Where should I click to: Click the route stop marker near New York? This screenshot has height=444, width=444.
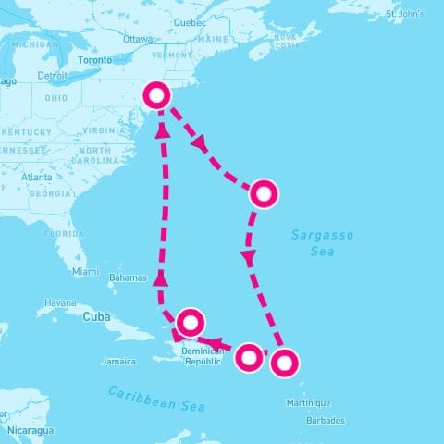(158, 94)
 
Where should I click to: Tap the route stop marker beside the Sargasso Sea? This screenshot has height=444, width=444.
(265, 193)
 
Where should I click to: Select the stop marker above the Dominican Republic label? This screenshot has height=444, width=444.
(190, 322)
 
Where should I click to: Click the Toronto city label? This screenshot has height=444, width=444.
(93, 60)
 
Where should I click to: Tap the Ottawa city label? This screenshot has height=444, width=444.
(137, 39)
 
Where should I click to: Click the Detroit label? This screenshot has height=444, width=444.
(52, 75)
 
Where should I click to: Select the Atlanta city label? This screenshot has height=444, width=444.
(37, 177)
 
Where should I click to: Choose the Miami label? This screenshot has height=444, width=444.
(85, 271)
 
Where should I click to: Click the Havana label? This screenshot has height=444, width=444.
(60, 302)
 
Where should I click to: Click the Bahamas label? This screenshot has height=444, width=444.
(128, 277)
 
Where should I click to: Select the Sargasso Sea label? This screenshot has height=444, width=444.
(322, 242)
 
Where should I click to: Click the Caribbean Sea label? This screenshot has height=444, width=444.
(155, 399)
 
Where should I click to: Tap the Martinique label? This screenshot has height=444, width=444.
(308, 402)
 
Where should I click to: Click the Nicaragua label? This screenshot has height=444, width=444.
(32, 430)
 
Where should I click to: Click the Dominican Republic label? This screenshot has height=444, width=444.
(203, 356)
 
